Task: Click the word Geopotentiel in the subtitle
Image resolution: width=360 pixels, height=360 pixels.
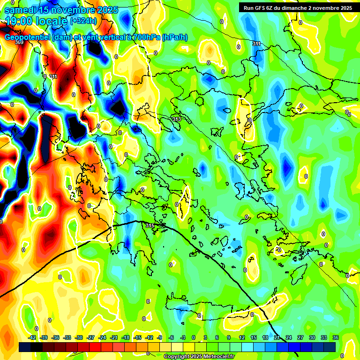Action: [x=28, y=37]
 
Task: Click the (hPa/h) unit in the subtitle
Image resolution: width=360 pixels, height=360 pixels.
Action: [x=174, y=37]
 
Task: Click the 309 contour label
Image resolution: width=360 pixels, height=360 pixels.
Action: [x=19, y=42]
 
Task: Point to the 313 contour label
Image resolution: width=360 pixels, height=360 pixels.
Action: [x=176, y=120]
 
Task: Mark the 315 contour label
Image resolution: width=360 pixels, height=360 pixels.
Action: [x=150, y=226]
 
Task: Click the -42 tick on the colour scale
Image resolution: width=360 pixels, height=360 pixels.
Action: [x=32, y=337]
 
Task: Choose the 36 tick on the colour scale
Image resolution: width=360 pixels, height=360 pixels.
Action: [x=336, y=337]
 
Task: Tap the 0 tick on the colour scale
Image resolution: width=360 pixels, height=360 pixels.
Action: [x=194, y=337]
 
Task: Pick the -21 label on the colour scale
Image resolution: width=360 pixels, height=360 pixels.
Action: [x=114, y=337]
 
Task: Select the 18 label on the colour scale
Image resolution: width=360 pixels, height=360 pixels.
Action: [x=265, y=337]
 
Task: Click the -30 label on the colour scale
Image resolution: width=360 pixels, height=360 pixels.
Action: [x=79, y=337]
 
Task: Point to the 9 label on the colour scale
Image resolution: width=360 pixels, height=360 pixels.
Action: [x=229, y=337]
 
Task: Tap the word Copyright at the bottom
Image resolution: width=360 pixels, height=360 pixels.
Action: [x=177, y=356]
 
